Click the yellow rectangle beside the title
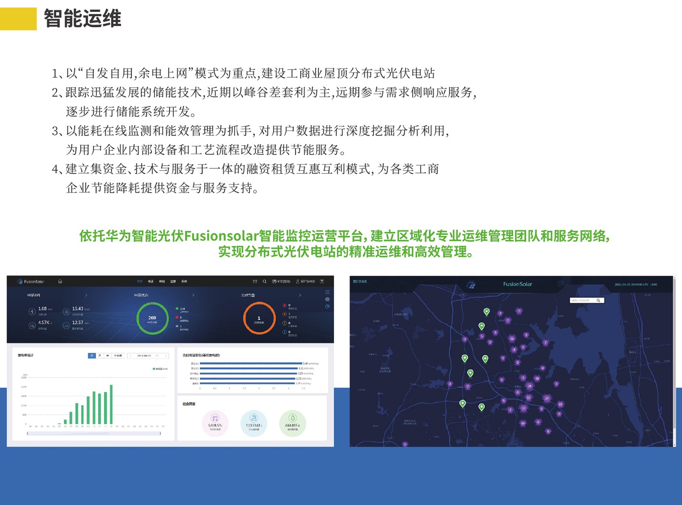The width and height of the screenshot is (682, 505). (x=18, y=19)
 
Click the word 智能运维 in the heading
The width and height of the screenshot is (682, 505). (x=82, y=19)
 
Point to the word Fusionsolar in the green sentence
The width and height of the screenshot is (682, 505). (x=221, y=236)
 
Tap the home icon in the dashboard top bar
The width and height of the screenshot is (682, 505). (x=60, y=281)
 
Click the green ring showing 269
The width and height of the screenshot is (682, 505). (x=152, y=318)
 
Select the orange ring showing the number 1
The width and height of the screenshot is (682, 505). (x=259, y=318)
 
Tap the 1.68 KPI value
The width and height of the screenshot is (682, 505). (x=42, y=309)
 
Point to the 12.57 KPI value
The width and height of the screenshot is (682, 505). (x=78, y=323)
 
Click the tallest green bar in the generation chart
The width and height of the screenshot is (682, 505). (x=111, y=404)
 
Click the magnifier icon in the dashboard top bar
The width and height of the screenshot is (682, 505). (x=264, y=281)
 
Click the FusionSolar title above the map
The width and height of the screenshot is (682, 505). (x=517, y=284)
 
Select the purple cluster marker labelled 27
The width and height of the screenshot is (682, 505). (x=547, y=398)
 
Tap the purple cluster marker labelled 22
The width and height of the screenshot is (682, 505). (x=523, y=408)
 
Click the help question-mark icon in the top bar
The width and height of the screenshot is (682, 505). (x=322, y=281)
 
